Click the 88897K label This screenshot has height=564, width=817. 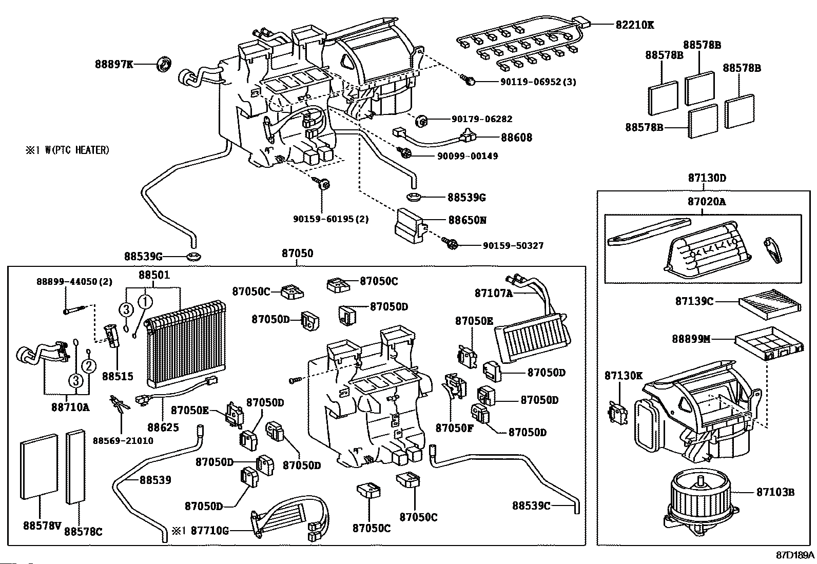point(113,64)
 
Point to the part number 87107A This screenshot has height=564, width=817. point(493,293)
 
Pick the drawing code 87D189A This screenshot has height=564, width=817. point(795,555)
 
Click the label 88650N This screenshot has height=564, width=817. point(467,220)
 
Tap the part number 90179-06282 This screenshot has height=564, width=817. point(482,119)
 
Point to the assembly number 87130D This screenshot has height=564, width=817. point(707,178)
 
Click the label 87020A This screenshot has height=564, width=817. point(707,202)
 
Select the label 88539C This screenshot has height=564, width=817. point(531,505)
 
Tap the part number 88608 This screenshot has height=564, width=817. point(516,137)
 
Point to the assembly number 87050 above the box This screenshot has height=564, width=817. point(297,254)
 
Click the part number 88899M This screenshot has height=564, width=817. point(691,339)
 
